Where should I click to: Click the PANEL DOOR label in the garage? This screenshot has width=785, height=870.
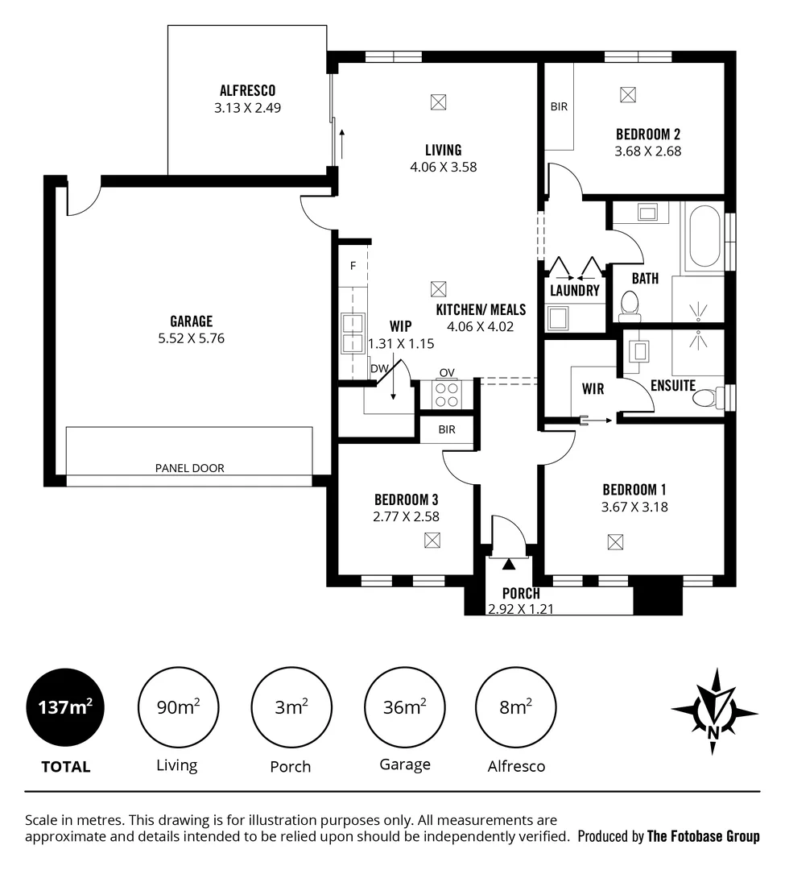pyautogui.click(x=190, y=468)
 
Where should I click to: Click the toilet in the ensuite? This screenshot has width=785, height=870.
pyautogui.click(x=708, y=397)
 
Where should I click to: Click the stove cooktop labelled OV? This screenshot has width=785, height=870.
pyautogui.click(x=447, y=393)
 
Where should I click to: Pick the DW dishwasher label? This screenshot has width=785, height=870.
pyautogui.click(x=378, y=369)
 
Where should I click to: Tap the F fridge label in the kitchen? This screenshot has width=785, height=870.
pyautogui.click(x=353, y=265)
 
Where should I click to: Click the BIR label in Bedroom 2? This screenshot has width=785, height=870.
pyautogui.click(x=560, y=106)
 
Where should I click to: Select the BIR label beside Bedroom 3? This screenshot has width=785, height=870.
pyautogui.click(x=447, y=430)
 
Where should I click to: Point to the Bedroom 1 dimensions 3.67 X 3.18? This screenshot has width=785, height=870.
pyautogui.click(x=634, y=507)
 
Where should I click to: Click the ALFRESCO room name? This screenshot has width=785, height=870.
pyautogui.click(x=247, y=91)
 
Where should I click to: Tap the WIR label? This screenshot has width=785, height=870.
pyautogui.click(x=593, y=388)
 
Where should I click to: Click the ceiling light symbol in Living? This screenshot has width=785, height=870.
pyautogui.click(x=438, y=102)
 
